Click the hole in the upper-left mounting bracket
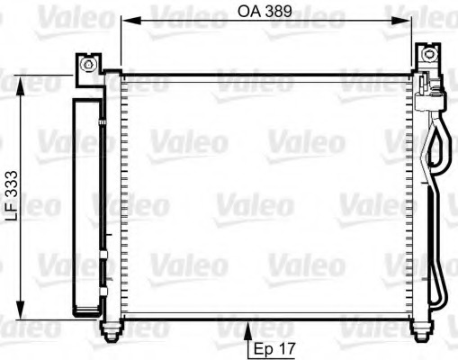tap(88, 64)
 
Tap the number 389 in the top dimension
tap(283, 13)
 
